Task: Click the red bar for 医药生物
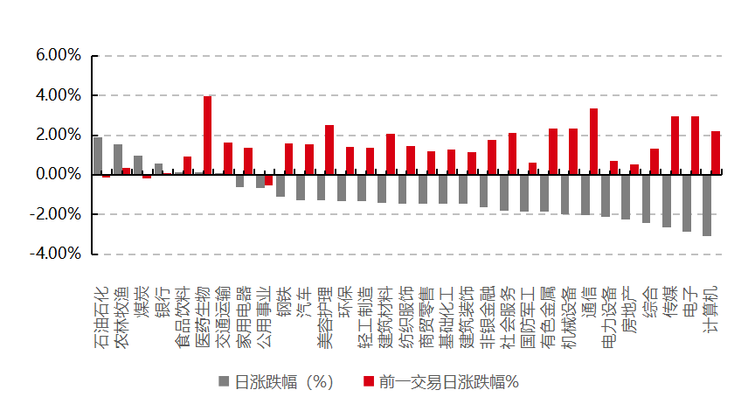[x=208, y=136]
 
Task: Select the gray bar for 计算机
[x=706, y=205]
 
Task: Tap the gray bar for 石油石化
[x=98, y=156]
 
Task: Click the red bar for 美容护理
[x=329, y=150]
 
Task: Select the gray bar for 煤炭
[x=138, y=165]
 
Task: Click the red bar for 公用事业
[x=268, y=179]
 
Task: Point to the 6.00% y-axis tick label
[x=59, y=56]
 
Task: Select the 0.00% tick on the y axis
[x=59, y=175]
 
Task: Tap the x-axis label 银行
[x=163, y=298]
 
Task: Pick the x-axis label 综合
[x=649, y=298]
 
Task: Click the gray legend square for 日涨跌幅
[x=224, y=381]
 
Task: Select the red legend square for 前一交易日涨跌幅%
[x=369, y=381]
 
